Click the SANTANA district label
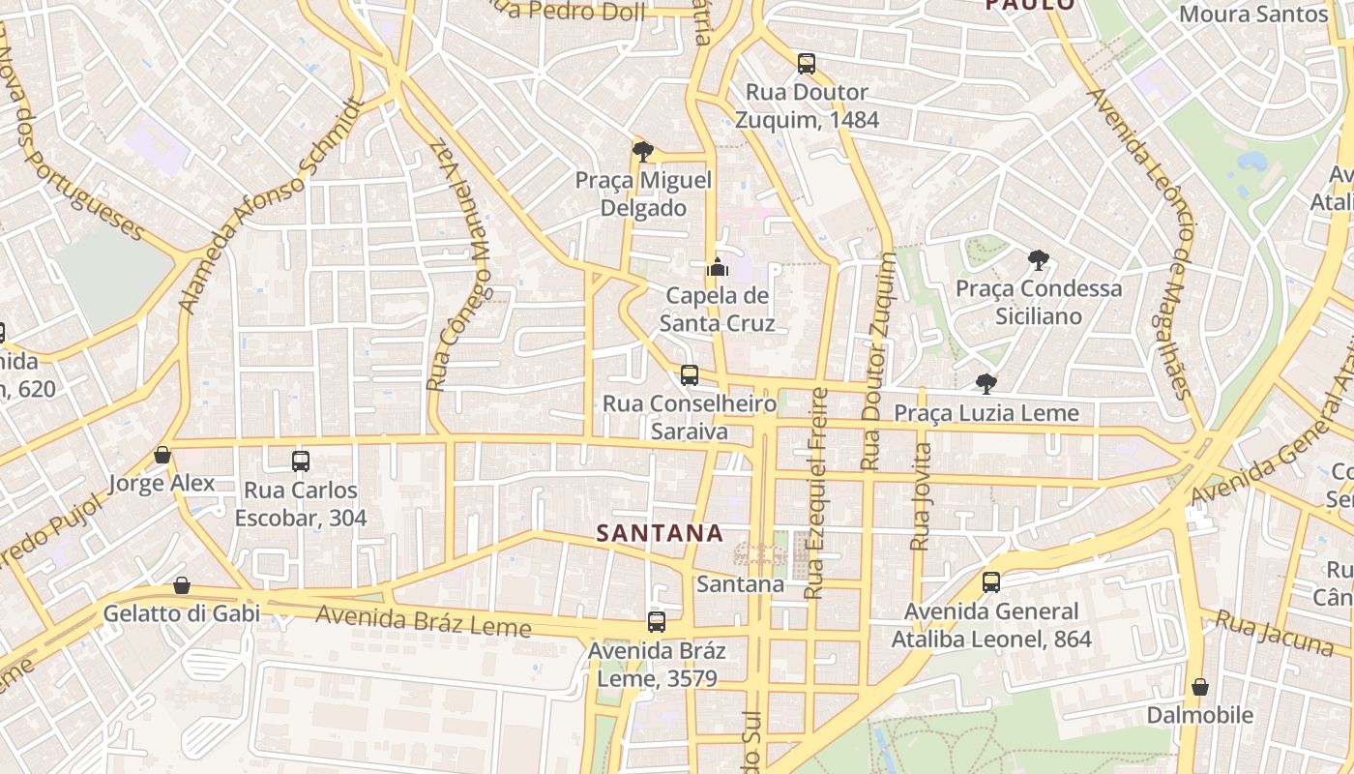point(660,533)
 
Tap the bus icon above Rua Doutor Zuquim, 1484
point(807,65)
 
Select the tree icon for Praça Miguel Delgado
point(642,151)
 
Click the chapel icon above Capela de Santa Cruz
point(718,266)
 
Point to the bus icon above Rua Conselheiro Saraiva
point(690,375)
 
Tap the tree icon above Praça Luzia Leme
point(986,384)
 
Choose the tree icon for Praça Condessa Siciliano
point(1039,259)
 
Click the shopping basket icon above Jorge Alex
point(162,455)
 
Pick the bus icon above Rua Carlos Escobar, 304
point(301,461)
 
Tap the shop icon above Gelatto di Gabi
point(182,585)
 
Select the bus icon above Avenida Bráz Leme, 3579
point(657,622)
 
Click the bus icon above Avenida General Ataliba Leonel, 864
point(991,582)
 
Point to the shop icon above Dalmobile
point(1200,687)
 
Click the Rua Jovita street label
point(921,496)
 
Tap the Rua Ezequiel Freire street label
point(816,492)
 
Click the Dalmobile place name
point(1200,716)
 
